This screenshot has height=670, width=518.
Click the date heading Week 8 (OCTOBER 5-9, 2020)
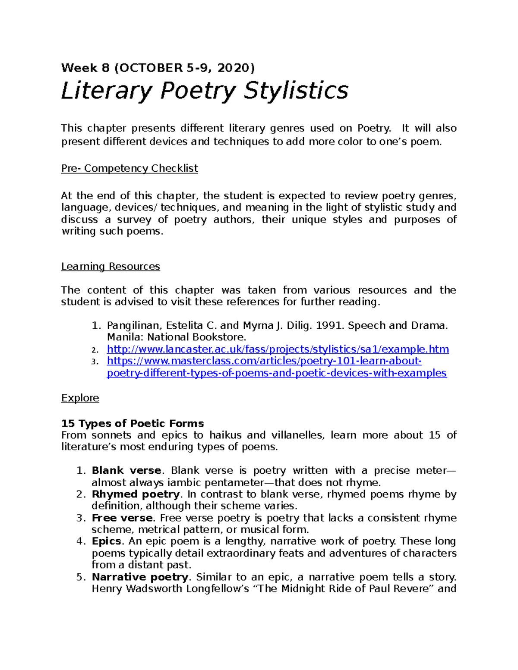(x=158, y=68)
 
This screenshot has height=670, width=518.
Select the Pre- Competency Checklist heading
(x=129, y=168)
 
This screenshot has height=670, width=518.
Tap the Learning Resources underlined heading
(x=111, y=267)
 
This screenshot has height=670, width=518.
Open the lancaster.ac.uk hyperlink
(x=278, y=349)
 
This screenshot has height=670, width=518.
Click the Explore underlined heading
(x=80, y=398)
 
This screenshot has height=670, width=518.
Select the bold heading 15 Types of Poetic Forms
(x=133, y=423)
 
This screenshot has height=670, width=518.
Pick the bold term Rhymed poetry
(x=136, y=494)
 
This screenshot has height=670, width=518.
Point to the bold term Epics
(x=106, y=541)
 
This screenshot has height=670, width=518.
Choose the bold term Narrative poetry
(x=140, y=577)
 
